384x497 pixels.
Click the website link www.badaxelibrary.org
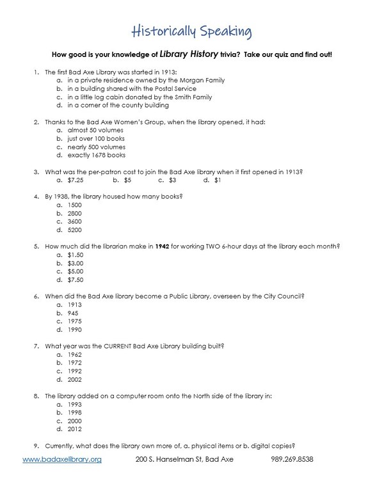(62, 460)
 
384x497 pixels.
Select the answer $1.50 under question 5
(75, 255)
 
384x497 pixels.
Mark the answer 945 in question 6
(72, 313)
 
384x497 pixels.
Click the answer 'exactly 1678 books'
(95, 155)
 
